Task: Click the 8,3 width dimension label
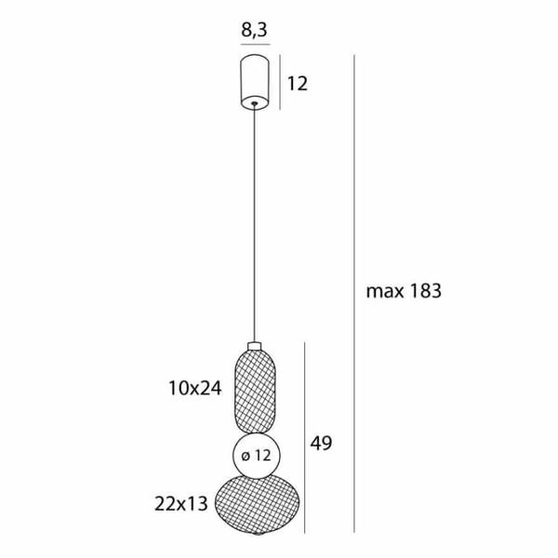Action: (x=254, y=29)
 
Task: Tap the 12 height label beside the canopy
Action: (x=297, y=84)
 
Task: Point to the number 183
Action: (x=422, y=291)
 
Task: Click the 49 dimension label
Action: (x=321, y=444)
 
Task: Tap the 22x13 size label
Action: (x=183, y=505)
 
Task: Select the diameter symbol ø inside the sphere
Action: (x=244, y=456)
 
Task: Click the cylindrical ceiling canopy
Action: (x=254, y=80)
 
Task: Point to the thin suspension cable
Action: (x=254, y=223)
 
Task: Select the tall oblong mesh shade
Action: (x=254, y=389)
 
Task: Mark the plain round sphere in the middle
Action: (x=253, y=456)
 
